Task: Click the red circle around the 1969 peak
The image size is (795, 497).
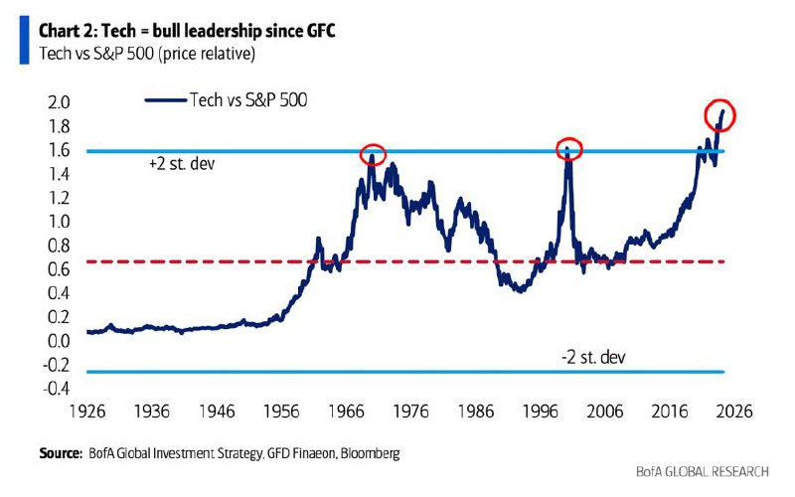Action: [x=373, y=154]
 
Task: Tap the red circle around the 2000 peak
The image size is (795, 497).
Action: [x=567, y=148]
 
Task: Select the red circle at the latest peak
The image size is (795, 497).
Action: [x=719, y=113]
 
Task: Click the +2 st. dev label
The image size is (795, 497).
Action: [x=182, y=164]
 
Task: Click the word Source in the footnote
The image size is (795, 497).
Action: [x=61, y=453]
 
